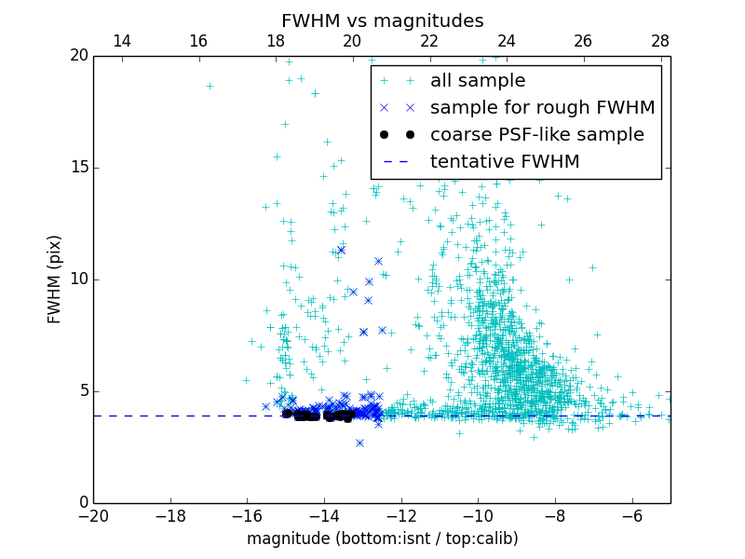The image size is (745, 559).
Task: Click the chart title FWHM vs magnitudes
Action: click(382, 20)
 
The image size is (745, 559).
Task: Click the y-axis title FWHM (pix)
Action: click(55, 279)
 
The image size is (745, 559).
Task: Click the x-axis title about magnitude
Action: click(382, 539)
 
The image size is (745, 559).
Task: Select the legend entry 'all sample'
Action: click(477, 81)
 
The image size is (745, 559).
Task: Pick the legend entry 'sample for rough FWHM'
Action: click(542, 108)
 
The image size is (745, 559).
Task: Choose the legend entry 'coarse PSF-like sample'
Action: click(536, 135)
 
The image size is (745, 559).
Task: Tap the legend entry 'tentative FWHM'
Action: click(504, 162)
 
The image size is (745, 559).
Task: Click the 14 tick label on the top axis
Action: click(121, 41)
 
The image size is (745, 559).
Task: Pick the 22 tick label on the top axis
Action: click(429, 41)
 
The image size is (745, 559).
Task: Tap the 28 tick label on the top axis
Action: click(660, 41)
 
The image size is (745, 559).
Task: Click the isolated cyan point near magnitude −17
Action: click(210, 86)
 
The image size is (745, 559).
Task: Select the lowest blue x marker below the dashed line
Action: click(359, 443)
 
